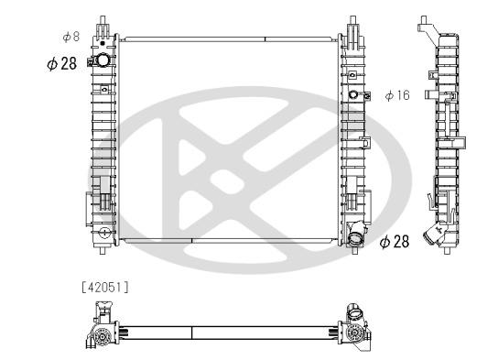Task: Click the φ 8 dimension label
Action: click(71, 37)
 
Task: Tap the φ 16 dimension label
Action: click(397, 95)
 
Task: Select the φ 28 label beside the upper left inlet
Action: click(62, 63)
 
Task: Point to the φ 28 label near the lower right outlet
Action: click(395, 242)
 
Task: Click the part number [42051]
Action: click(105, 288)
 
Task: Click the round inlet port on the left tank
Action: click(103, 60)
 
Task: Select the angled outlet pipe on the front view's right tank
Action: click(356, 234)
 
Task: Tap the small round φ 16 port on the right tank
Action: click(353, 94)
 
